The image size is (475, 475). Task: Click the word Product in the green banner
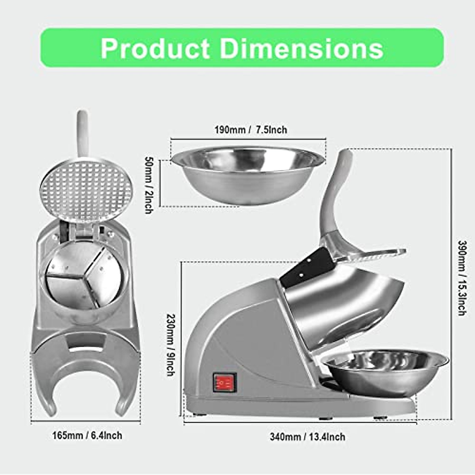(155, 48)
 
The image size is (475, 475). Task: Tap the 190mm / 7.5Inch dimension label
(251, 130)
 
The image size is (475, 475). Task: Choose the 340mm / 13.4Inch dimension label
(308, 437)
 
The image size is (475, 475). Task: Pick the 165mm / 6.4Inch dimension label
(87, 436)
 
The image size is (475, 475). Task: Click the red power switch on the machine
(224, 382)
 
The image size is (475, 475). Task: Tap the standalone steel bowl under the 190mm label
(248, 174)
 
